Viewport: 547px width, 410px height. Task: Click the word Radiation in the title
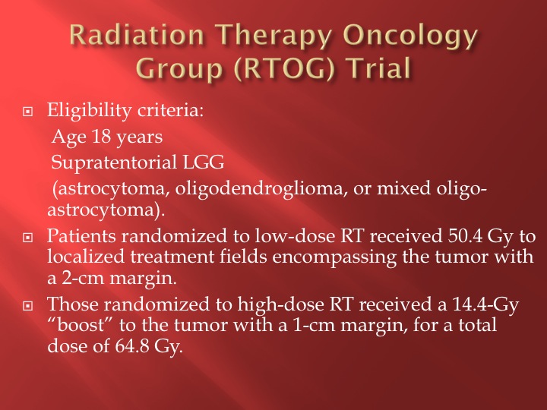(x=137, y=35)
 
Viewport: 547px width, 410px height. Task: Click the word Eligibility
(x=90, y=111)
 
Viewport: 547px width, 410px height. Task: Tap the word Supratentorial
(x=114, y=162)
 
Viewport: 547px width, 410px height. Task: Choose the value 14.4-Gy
(x=485, y=305)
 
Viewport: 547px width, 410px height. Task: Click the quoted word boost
(x=81, y=325)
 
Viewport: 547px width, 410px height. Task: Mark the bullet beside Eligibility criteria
(x=27, y=112)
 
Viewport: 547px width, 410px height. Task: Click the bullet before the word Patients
(x=27, y=238)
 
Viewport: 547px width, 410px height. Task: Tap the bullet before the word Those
(x=27, y=306)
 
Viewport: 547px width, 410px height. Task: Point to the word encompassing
(x=334, y=258)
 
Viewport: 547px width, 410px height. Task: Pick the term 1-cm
(x=314, y=326)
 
